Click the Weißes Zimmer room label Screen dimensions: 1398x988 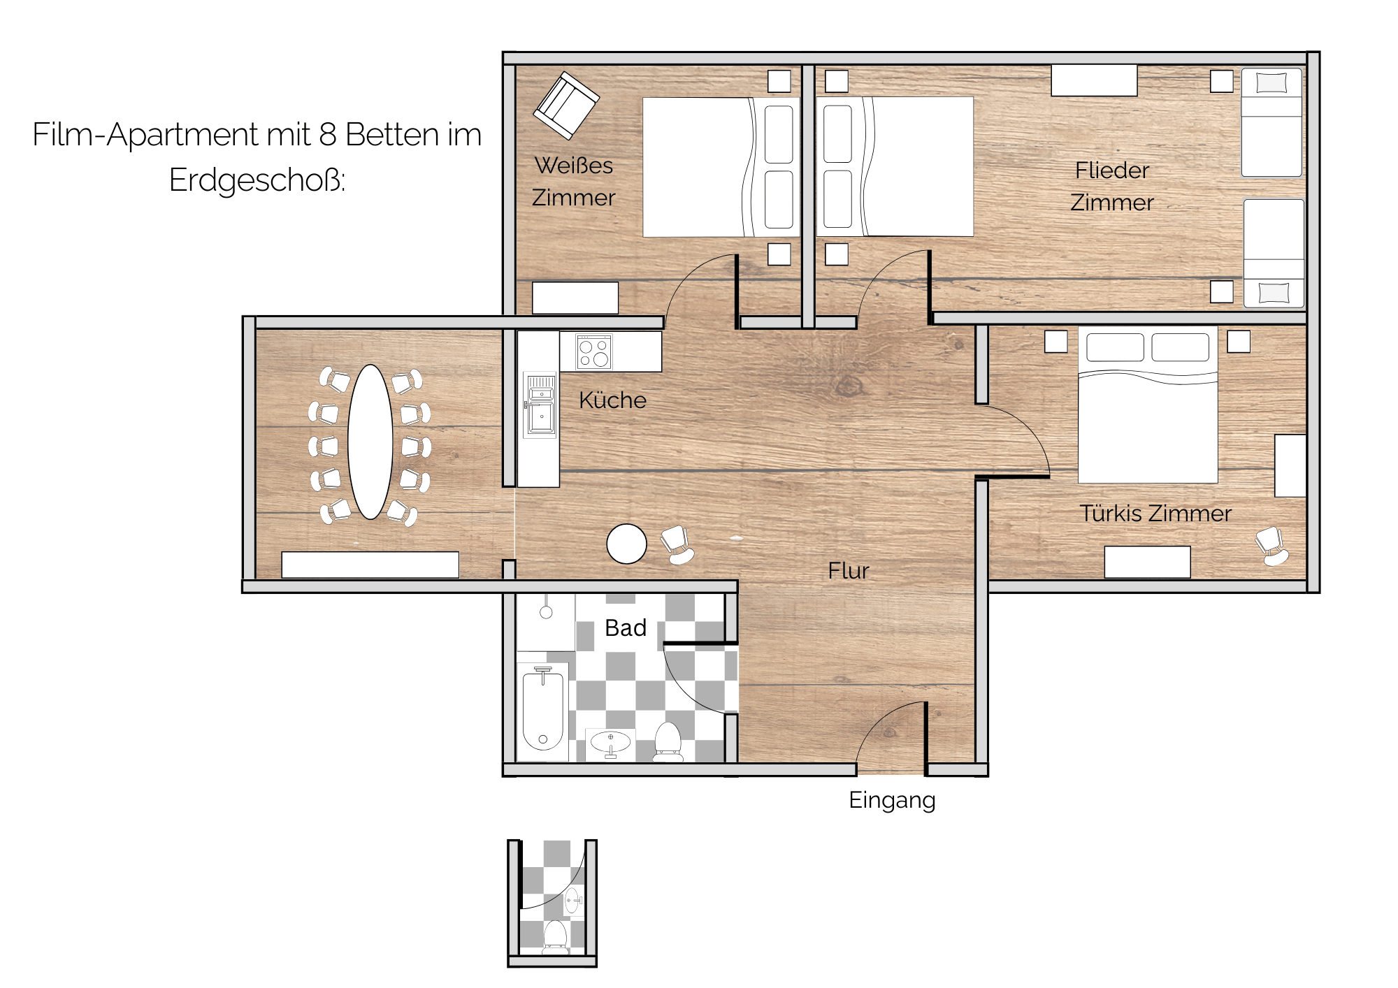click(574, 182)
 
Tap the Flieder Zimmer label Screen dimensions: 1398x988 click(1112, 187)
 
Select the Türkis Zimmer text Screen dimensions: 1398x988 click(1155, 514)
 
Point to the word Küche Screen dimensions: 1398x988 click(613, 400)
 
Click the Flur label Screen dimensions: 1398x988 click(849, 571)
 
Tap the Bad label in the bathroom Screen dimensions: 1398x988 click(626, 628)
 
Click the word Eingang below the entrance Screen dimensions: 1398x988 click(892, 800)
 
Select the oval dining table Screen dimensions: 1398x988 click(370, 442)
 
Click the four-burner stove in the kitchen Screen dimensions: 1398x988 click(594, 351)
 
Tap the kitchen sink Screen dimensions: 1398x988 click(540, 405)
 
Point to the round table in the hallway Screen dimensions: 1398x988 click(627, 544)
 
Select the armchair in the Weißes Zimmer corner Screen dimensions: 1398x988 click(566, 106)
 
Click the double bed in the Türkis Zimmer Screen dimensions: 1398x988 click(1148, 405)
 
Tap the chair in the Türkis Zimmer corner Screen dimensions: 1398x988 click(1272, 546)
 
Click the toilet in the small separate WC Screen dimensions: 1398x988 click(556, 937)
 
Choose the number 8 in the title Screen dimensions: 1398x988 click(328, 135)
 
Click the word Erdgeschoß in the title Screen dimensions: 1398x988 click(257, 180)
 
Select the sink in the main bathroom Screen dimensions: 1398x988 click(610, 743)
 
